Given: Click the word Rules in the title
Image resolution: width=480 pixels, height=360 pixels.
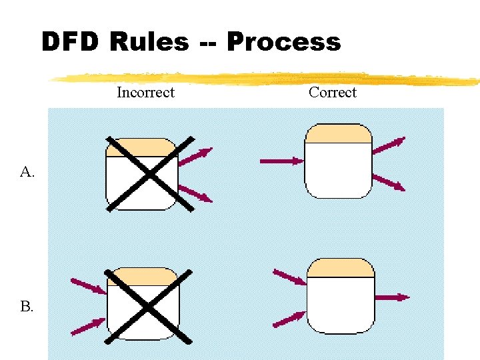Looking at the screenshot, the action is pyautogui.click(x=149, y=42).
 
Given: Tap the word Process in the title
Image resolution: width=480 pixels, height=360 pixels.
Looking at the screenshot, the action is pyautogui.click(x=283, y=42).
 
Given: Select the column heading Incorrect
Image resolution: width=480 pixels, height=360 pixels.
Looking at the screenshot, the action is pyautogui.click(x=145, y=93).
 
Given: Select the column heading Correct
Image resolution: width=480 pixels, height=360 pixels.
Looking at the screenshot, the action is pyautogui.click(x=332, y=93).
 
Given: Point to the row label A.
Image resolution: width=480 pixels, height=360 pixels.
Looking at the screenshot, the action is pyautogui.click(x=27, y=173).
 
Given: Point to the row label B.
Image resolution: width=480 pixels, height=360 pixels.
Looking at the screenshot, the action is pyautogui.click(x=27, y=307).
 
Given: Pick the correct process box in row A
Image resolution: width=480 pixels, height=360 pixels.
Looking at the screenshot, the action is pyautogui.click(x=338, y=161).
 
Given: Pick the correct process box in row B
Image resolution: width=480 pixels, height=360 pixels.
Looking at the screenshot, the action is pyautogui.click(x=340, y=295).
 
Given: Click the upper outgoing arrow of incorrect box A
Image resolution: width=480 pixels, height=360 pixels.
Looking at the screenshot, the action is pyautogui.click(x=195, y=156).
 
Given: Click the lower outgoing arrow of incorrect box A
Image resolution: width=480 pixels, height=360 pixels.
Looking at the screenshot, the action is pyautogui.click(x=195, y=194).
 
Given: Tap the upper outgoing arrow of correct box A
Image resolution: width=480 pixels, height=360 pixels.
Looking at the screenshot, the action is pyautogui.click(x=389, y=145).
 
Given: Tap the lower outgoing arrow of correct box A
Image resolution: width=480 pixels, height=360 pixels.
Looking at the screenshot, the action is pyautogui.click(x=389, y=182).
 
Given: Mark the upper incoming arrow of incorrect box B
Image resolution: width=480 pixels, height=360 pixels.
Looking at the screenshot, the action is pyautogui.click(x=88, y=286).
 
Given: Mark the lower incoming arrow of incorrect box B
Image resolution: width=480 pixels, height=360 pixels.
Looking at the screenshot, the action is pyautogui.click(x=88, y=326).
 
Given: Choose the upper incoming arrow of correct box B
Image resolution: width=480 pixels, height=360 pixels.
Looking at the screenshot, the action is pyautogui.click(x=289, y=277).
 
